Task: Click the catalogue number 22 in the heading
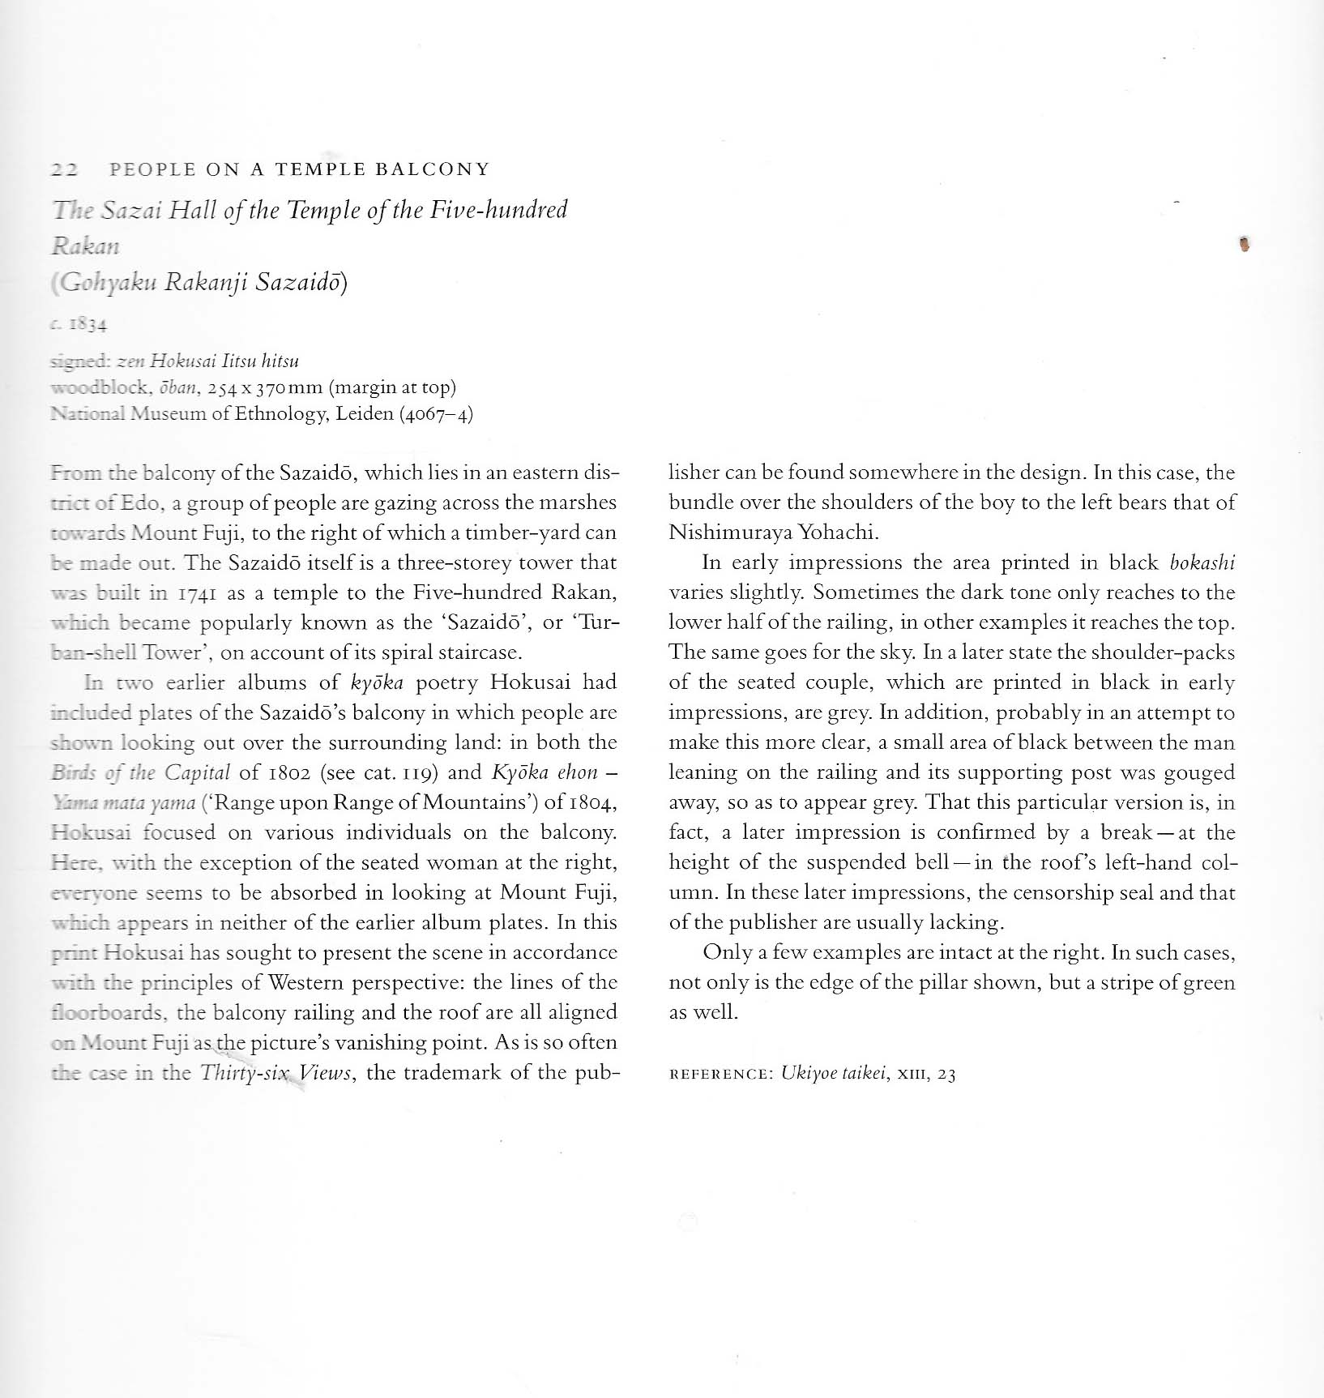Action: pyautogui.click(x=63, y=170)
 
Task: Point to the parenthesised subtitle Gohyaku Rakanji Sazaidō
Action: pyautogui.click(x=199, y=284)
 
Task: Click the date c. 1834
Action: pyautogui.click(x=79, y=326)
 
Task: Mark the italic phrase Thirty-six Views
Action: pyautogui.click(x=275, y=1073)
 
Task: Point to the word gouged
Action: pyautogui.click(x=1199, y=773)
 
